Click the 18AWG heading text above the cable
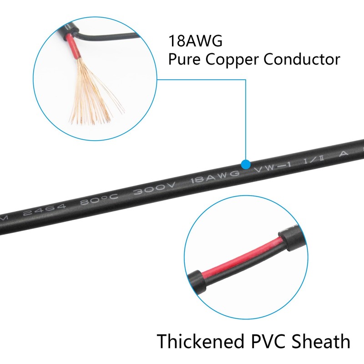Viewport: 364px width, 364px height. pos(195,41)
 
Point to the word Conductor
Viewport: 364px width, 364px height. pos(302,60)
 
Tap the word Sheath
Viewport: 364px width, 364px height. pos(321,341)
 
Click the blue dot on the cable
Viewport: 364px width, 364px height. pos(246,164)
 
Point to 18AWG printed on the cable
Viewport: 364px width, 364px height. pos(215,177)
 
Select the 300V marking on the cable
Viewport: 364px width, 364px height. pos(155,188)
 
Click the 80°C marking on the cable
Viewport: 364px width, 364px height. pos(99,199)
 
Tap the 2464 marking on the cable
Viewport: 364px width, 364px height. pos(44,210)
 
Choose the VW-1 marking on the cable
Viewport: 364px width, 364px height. pos(273,167)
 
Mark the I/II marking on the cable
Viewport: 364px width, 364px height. pos(314,160)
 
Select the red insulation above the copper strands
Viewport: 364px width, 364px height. pos(73,46)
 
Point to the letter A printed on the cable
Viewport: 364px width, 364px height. pos(344,153)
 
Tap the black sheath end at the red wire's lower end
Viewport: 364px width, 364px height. pos(197,282)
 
